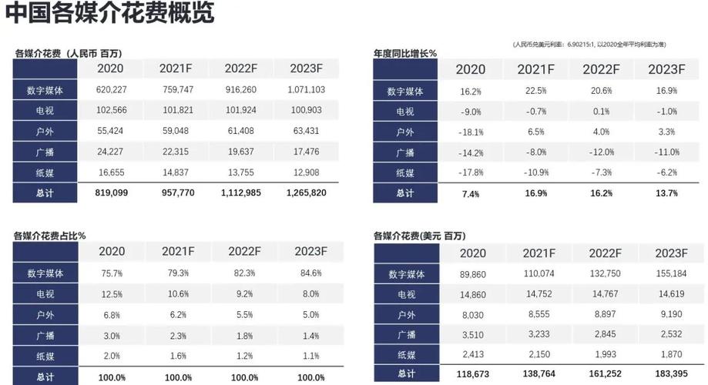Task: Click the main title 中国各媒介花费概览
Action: point(109,13)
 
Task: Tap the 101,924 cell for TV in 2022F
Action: point(242,111)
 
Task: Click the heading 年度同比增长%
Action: point(405,53)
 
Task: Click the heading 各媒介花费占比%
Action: point(50,236)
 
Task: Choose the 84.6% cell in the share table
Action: point(307,273)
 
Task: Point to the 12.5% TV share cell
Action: point(113,293)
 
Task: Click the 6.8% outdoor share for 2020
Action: point(113,314)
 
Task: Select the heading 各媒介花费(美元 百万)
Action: point(419,236)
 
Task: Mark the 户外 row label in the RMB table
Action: point(45,132)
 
